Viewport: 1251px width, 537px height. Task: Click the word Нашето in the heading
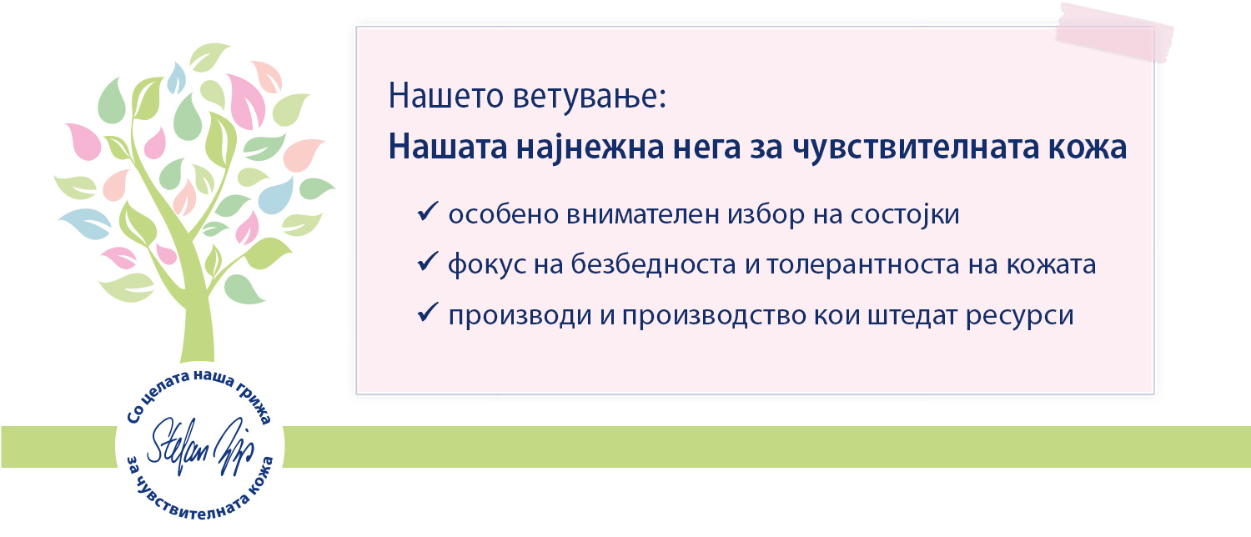(446, 95)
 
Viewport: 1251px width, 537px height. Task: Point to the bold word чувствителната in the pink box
(916, 148)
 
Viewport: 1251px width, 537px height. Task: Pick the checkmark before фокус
(427, 262)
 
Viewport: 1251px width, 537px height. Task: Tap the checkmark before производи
(427, 313)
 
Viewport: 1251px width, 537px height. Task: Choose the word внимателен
(643, 215)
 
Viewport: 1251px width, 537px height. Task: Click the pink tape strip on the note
(1113, 33)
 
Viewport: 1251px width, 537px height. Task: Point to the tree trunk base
(197, 349)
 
